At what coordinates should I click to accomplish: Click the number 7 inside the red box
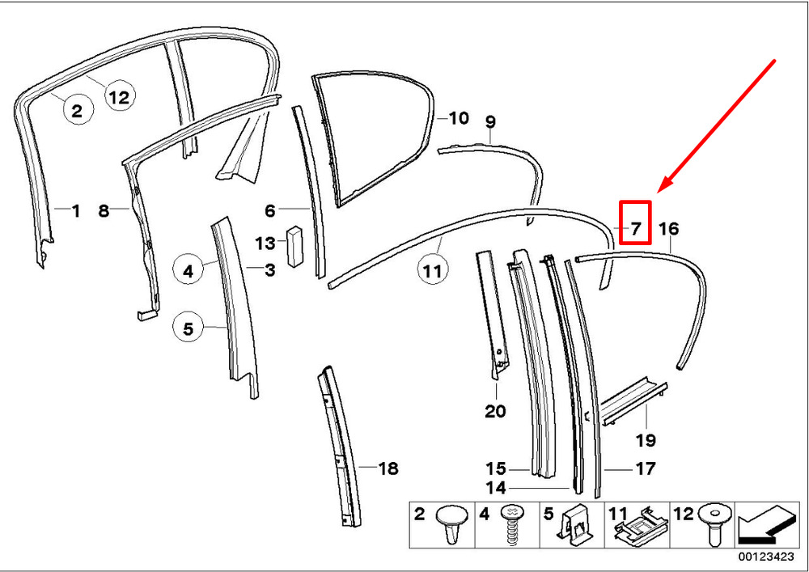[x=636, y=227]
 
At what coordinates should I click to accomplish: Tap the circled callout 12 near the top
[x=120, y=96]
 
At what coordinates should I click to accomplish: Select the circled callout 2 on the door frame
[x=78, y=110]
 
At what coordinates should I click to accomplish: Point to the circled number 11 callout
[x=432, y=269]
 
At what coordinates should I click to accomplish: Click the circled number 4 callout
[x=188, y=270]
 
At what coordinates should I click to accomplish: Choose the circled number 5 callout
[x=188, y=328]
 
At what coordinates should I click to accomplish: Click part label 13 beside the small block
[x=265, y=243]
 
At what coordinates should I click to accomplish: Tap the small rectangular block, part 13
[x=295, y=246]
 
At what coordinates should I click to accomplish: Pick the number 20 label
[x=495, y=411]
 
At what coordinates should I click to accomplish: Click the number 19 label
[x=646, y=440]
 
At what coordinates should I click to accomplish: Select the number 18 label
[x=388, y=468]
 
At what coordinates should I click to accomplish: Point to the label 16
[x=669, y=228]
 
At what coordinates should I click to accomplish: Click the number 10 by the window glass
[x=459, y=118]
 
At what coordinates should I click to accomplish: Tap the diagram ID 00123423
[x=765, y=557]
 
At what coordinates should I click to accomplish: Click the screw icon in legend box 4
[x=512, y=524]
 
